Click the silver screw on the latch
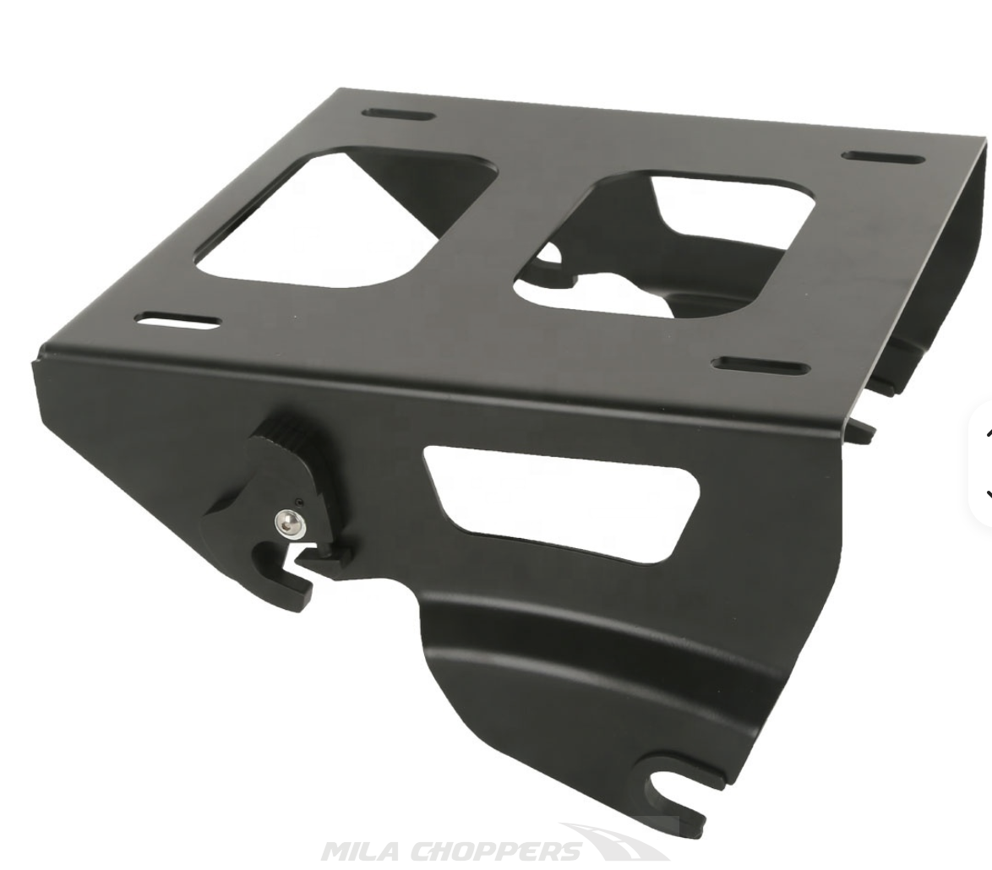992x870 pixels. pyautogui.click(x=288, y=522)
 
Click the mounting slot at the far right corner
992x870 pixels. pyautogui.click(x=883, y=157)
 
